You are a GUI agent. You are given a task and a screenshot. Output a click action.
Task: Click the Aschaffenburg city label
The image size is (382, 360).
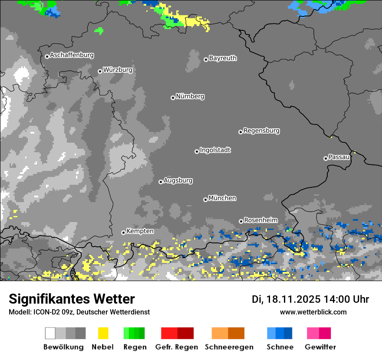pyautogui.click(x=72, y=55)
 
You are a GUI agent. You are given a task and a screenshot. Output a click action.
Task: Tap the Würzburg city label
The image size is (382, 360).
pyautogui.click(x=118, y=70)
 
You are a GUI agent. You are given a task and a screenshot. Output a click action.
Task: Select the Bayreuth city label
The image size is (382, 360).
pyautogui.click(x=223, y=58)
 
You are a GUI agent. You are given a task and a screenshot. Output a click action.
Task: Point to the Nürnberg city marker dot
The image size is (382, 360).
pyautogui.click(x=173, y=98)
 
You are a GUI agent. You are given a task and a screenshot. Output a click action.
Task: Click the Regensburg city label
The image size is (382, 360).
pyautogui.click(x=261, y=131)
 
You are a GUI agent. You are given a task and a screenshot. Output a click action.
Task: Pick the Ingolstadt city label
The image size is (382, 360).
pyautogui.click(x=215, y=150)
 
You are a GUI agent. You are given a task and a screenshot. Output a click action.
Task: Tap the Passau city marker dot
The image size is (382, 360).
pyautogui.click(x=326, y=158)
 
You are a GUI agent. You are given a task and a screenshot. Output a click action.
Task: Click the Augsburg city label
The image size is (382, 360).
pyautogui.click(x=178, y=180)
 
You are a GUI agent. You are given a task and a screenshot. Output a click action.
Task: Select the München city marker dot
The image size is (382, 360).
pyautogui.click(x=205, y=200)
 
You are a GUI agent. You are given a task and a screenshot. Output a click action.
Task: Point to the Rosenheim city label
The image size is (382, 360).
pyautogui.click(x=260, y=220)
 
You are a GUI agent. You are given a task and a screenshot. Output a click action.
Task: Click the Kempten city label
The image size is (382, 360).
pyautogui.click(x=140, y=231)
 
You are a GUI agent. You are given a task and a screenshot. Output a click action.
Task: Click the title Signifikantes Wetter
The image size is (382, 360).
pyautogui.click(x=72, y=299)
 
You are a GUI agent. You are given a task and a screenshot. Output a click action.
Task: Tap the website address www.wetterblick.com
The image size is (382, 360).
pyautogui.click(x=313, y=312)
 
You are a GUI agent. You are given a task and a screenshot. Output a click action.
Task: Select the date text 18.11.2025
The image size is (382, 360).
pyautogui.click(x=293, y=299)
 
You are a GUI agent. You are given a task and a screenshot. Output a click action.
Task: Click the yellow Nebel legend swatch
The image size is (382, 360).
pyautogui.click(x=103, y=333)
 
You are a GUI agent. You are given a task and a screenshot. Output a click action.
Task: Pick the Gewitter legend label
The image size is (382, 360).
pyautogui.click(x=320, y=347)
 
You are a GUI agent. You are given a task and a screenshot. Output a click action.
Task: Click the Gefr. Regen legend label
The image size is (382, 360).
pyautogui.click(x=177, y=347)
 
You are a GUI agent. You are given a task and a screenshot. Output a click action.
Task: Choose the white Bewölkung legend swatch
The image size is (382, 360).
pyautogui.click(x=50, y=333)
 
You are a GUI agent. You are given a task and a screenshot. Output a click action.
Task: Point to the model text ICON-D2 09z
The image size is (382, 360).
pyautogui.click(x=52, y=312)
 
